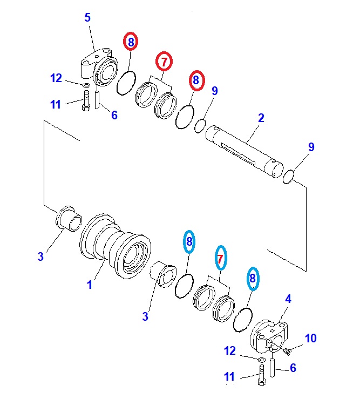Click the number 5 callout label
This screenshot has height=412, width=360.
click(x=87, y=18)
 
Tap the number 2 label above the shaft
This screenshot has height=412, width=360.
click(x=261, y=118)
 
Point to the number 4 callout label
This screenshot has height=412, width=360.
click(x=288, y=298)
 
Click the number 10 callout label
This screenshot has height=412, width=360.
click(x=310, y=339)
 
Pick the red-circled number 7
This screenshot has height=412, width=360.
click(x=163, y=62)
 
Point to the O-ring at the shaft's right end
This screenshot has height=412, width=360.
click(x=288, y=175)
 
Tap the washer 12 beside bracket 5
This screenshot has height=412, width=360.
click(x=86, y=85)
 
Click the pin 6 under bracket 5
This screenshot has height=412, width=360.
click(x=98, y=99)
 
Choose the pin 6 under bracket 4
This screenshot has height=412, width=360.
click(x=273, y=369)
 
